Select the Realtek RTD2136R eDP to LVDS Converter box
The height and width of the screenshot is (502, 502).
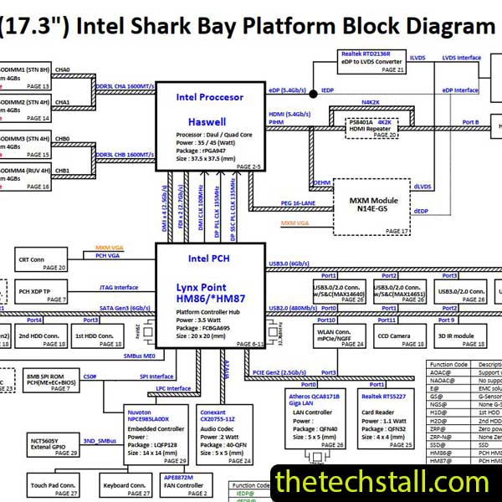(x=372, y=62)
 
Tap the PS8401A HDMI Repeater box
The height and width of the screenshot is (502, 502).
(x=372, y=127)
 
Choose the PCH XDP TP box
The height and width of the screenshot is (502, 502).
(x=40, y=292)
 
